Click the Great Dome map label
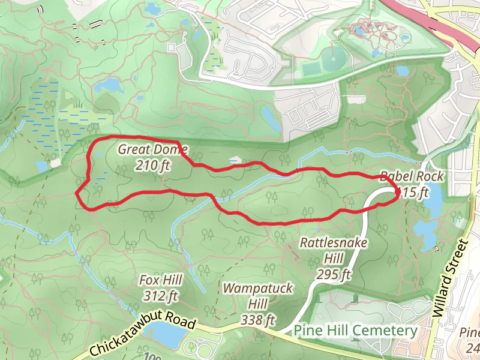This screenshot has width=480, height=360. click(153, 149)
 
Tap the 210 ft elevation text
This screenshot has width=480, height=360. click(153, 164)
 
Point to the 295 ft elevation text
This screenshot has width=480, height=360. click(334, 275)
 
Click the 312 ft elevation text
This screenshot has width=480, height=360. click(161, 295)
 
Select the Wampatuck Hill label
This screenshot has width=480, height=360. click(257, 296)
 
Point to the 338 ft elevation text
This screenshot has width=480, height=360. click(257, 319)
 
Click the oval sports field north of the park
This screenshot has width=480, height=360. click(329, 61)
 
